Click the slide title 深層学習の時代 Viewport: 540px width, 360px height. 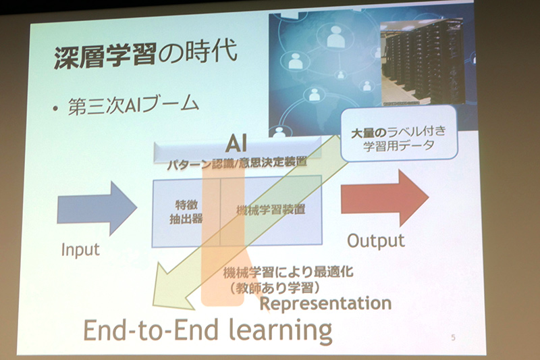144,57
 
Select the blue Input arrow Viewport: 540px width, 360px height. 97,203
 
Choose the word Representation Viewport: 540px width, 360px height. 325,303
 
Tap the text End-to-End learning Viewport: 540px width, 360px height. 207,331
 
